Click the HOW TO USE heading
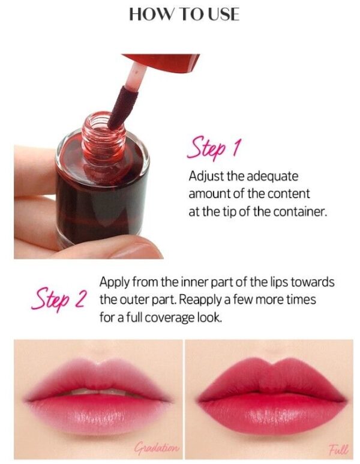point(184,14)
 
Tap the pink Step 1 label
point(214,148)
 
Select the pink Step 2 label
point(59,298)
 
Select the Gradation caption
point(157,447)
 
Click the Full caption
point(339,449)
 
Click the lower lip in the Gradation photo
point(99,415)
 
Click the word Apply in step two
point(114,283)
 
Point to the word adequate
point(272,176)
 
